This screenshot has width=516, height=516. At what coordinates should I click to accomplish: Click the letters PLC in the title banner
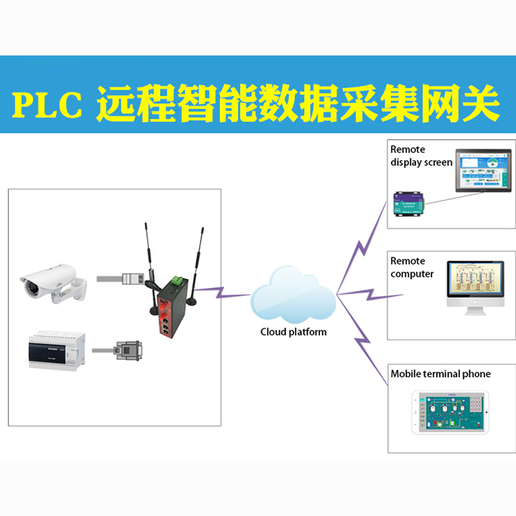coord(48,106)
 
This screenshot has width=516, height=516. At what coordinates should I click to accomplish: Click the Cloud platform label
coord(293,332)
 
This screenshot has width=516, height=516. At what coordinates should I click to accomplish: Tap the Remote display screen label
coord(421,156)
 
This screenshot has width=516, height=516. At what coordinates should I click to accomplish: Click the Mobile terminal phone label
coord(440,374)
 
